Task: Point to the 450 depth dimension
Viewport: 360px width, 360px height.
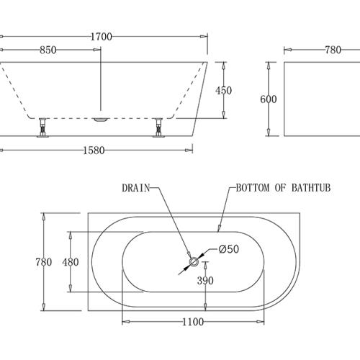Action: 225,91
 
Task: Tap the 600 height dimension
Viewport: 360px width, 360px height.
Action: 268,100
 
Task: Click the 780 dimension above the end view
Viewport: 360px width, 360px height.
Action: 333,50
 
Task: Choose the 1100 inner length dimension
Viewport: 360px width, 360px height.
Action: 193,321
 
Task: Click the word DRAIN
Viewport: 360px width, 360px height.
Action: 135,189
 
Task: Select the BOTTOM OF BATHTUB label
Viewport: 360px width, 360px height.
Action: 282,189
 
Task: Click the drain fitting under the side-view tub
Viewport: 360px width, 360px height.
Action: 100,116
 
